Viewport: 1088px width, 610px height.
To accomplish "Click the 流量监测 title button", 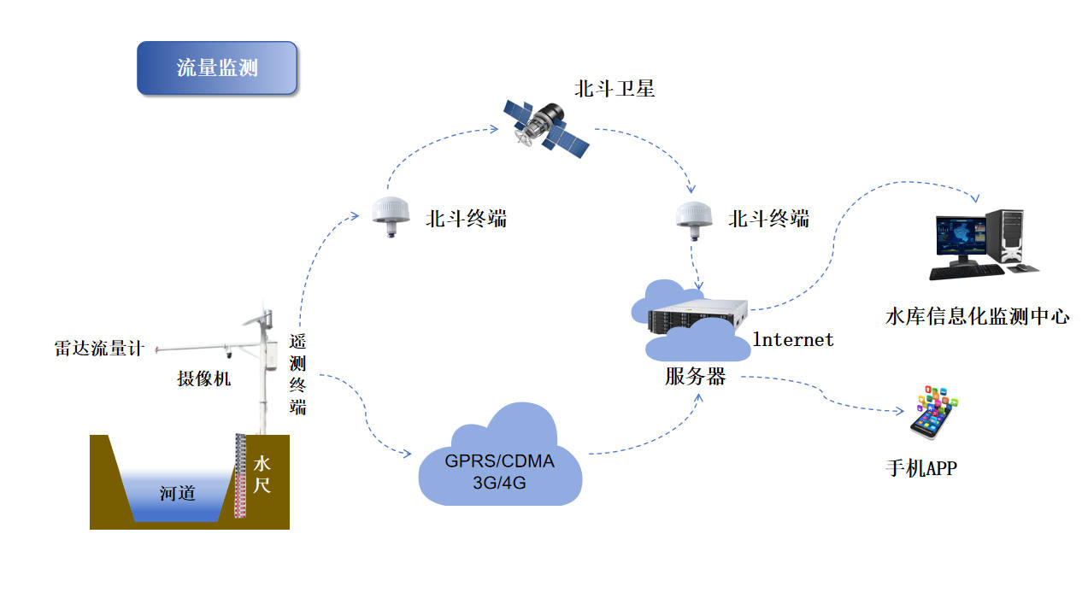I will point(216,68).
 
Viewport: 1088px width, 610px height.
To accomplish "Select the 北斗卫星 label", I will point(615,88).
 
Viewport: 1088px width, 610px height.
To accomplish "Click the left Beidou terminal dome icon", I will point(391,214).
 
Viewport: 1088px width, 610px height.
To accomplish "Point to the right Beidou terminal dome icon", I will point(694,214).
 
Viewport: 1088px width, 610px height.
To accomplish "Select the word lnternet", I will point(792,339).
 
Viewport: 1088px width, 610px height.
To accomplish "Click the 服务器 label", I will point(695,377).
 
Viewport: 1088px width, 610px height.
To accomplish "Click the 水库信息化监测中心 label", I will point(977,317).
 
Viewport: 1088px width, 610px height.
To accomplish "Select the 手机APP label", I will point(920,468).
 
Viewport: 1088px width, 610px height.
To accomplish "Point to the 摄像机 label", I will point(203,378).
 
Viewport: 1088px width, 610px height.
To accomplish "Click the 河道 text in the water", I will point(177,493).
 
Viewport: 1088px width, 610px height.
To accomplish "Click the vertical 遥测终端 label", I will point(297,373).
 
